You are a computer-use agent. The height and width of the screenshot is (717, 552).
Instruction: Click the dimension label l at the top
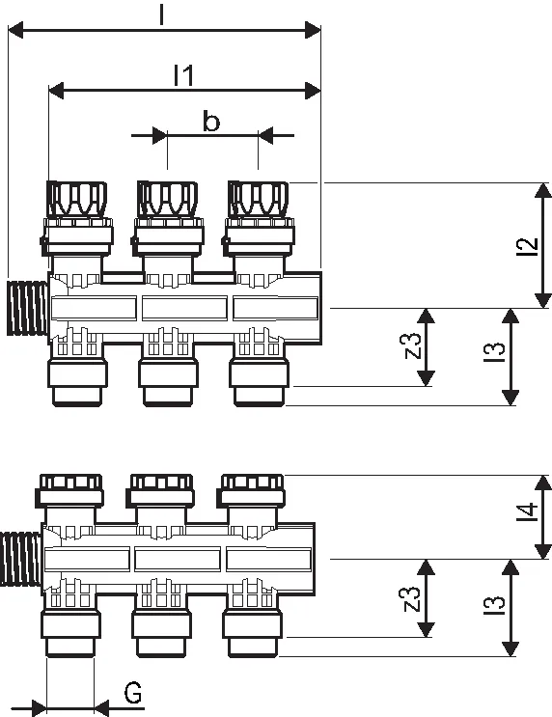(x=161, y=14)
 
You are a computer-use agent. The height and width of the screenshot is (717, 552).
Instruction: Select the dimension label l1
(x=184, y=75)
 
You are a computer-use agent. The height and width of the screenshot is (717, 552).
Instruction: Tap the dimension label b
(x=210, y=122)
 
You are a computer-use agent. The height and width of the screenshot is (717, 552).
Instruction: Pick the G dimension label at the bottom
(x=133, y=692)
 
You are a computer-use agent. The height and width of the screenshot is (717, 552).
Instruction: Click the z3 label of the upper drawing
(x=412, y=345)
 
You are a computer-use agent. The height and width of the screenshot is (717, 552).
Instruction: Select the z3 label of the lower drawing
(x=412, y=598)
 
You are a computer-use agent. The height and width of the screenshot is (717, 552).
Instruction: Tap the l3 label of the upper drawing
(x=494, y=352)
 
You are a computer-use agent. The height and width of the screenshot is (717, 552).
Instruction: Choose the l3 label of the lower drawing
(x=494, y=604)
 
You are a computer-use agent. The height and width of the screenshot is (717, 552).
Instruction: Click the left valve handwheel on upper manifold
(x=77, y=199)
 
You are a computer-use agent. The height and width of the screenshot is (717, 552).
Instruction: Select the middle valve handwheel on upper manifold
(x=168, y=199)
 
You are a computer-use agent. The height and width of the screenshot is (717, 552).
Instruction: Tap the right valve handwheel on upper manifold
(x=259, y=199)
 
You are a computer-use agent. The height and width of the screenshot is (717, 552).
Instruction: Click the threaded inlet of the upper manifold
(x=27, y=308)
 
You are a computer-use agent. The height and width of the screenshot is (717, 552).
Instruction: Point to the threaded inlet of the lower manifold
(x=21, y=559)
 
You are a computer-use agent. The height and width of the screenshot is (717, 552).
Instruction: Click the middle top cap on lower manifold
(x=161, y=490)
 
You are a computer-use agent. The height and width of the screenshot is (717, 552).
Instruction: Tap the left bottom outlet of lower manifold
(x=70, y=634)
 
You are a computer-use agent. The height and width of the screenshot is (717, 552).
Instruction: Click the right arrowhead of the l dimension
(x=313, y=30)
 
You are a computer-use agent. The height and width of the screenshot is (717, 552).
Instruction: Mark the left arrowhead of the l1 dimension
(x=56, y=91)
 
